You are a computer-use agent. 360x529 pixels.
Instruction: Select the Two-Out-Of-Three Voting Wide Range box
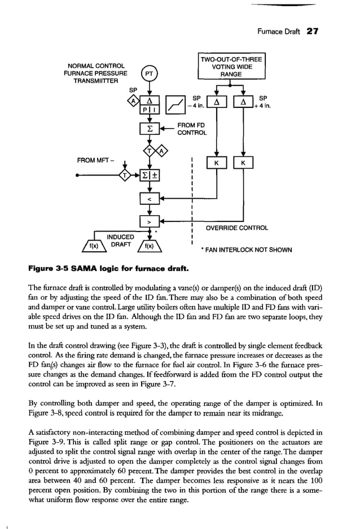coord(231,67)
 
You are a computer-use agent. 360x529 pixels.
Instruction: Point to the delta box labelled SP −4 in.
coord(216,103)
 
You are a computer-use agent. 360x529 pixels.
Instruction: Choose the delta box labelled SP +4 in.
coord(243,103)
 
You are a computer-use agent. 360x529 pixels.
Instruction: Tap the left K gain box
coord(216,164)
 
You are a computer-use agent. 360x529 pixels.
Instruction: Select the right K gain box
coord(243,164)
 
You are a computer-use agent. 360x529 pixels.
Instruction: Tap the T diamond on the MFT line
coord(125,176)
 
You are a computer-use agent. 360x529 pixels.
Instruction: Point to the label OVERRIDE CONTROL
coord(237,228)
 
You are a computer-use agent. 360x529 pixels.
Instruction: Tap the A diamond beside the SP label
coord(133,101)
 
